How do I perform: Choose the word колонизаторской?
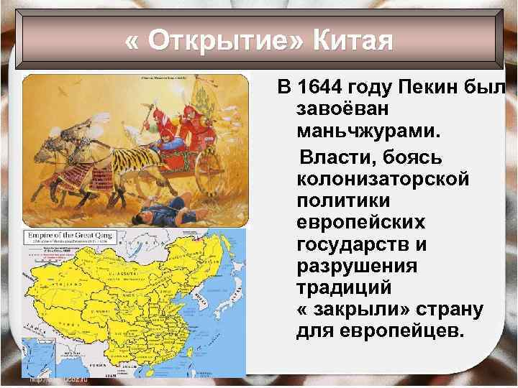point(381,177)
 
